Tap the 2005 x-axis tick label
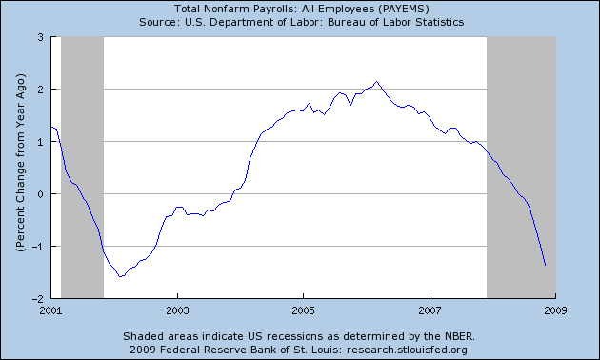303,310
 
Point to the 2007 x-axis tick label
430,310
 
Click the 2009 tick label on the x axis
555,310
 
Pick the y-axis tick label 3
41,37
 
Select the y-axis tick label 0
41,194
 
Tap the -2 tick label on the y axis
38,298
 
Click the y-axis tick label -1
38,247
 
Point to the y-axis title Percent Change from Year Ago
19,168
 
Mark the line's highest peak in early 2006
377,82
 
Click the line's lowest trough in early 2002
120,277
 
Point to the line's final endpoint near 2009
546,266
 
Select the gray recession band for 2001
82,168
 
